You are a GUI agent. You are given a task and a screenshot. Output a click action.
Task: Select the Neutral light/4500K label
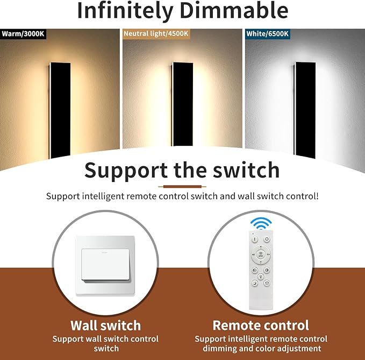coord(156,33)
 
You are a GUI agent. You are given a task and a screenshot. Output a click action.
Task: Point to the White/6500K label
coord(268,33)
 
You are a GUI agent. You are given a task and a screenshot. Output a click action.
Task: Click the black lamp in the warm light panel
coord(59,110)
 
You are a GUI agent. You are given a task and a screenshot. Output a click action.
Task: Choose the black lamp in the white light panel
coord(304,110)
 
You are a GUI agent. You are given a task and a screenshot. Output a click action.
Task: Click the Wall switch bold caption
coord(105,326)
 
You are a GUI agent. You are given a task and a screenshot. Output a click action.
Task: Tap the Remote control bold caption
coord(261,326)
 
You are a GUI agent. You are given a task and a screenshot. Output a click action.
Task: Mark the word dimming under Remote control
coord(216,349)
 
